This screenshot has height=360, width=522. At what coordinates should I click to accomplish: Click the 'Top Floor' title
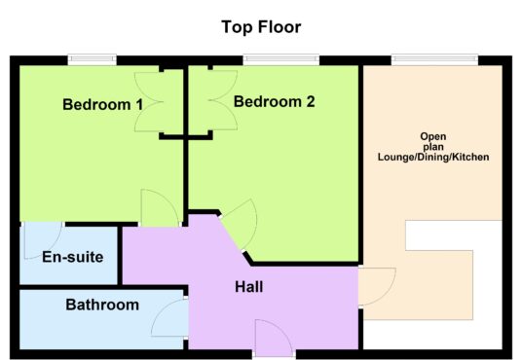click(261, 27)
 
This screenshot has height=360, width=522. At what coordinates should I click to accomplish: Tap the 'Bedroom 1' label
click(102, 104)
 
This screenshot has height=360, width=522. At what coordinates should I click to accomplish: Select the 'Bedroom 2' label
click(274, 101)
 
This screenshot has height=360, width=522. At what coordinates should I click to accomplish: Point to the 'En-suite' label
click(73, 257)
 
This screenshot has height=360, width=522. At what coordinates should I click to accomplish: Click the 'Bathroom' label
click(102, 305)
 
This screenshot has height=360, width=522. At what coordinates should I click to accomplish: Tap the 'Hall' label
click(249, 287)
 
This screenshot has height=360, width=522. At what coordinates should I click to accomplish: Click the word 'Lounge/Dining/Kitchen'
click(433, 157)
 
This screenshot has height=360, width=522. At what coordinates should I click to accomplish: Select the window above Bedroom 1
click(93, 59)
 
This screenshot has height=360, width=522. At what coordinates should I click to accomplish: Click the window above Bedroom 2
click(281, 59)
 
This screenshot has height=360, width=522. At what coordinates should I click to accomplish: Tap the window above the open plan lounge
click(434, 59)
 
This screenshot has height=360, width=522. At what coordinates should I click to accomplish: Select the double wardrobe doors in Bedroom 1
click(149, 102)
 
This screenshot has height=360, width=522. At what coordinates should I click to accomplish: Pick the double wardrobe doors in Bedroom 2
click(223, 100)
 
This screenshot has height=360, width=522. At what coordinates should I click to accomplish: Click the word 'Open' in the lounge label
click(433, 136)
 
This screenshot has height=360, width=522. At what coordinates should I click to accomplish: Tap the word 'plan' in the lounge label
click(433, 147)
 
